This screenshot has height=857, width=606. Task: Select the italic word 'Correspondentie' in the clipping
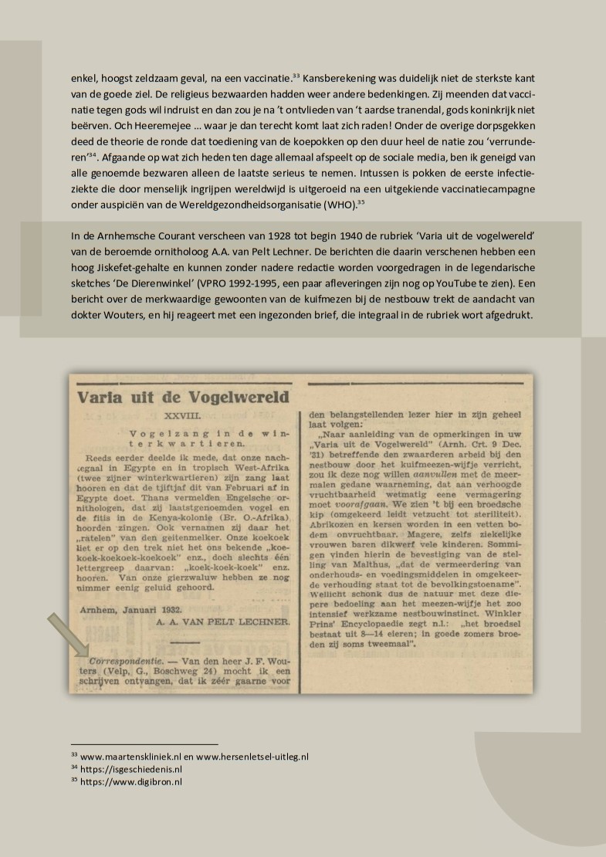[x=115, y=662]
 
